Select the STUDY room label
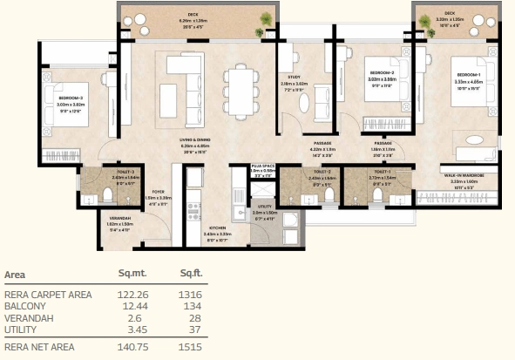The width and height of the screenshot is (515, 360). click(294, 78)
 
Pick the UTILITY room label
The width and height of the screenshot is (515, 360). click(263, 207)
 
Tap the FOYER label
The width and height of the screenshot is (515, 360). click(159, 192)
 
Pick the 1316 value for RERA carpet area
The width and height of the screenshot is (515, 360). click(191, 295)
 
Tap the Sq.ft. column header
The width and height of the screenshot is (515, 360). click(191, 274)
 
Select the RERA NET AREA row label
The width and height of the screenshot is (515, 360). click(38, 346)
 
